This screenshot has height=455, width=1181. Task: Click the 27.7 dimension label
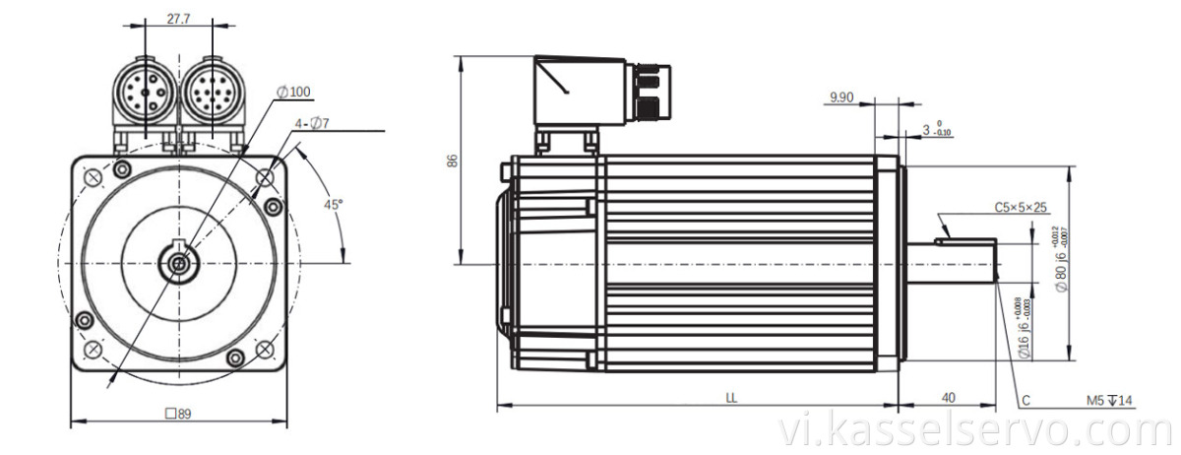tap(178, 19)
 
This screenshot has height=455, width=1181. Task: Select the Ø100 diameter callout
tap(293, 92)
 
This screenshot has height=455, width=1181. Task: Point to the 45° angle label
tap(334, 204)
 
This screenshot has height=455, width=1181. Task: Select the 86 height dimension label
tap(452, 161)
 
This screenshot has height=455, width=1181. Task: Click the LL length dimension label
tap(730, 398)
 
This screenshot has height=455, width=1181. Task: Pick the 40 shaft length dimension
tap(948, 398)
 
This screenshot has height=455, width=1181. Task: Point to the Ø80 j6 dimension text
tap(1061, 267)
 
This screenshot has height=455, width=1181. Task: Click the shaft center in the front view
tap(178, 263)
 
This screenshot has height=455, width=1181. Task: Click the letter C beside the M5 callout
tap(1025, 401)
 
